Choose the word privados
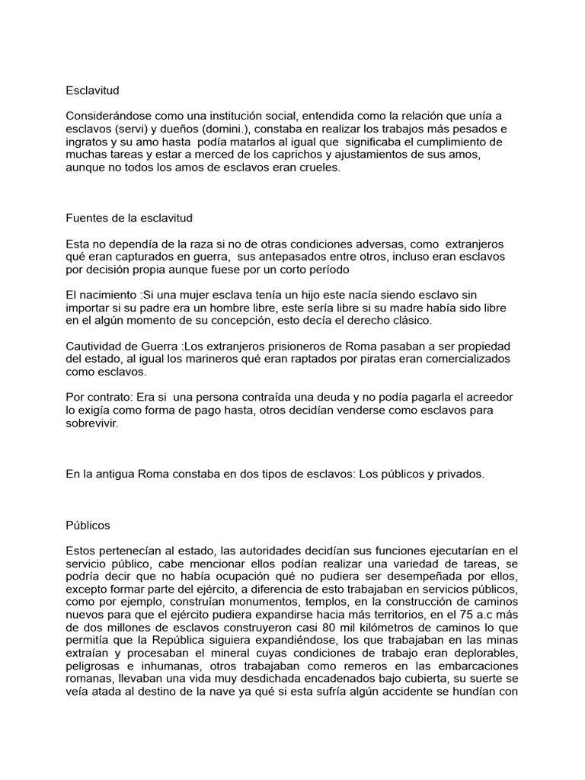coord(458,474)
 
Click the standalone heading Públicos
coord(88,525)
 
